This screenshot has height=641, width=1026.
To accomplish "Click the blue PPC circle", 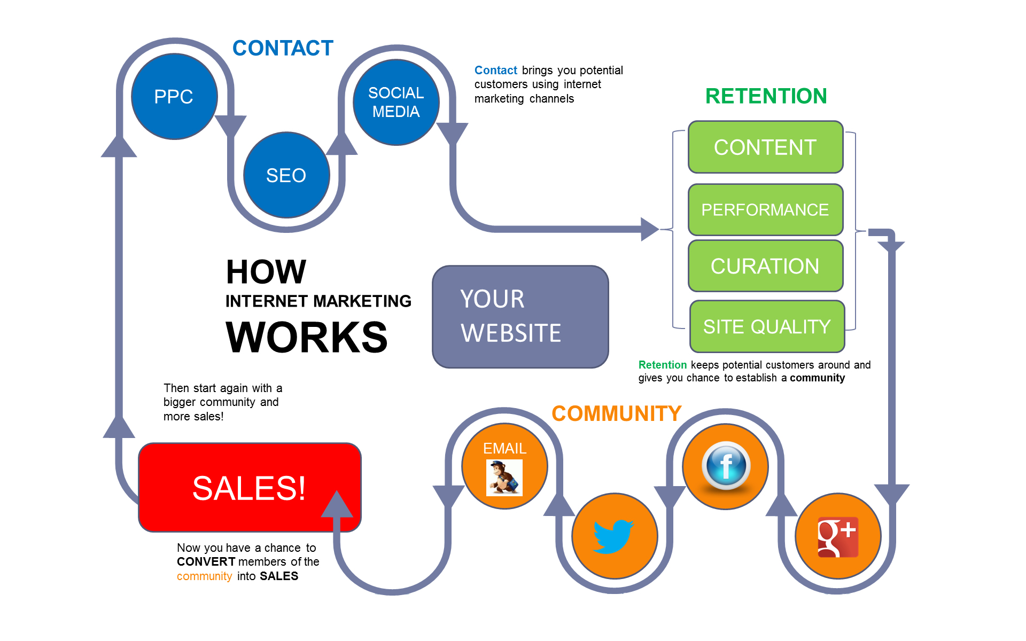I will point(174,97).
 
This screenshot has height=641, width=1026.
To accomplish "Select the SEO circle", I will point(286,175).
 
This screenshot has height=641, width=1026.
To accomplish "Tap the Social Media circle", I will point(396,102).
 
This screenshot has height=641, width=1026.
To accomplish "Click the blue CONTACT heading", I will point(283,48).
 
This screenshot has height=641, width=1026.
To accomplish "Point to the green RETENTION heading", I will point(766,96).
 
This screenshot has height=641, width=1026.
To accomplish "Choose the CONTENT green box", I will point(765,147).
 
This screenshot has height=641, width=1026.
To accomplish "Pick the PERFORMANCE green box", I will point(765,209).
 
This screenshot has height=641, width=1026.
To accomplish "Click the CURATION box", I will point(765,266).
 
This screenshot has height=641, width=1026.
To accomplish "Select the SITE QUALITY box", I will point(767,326).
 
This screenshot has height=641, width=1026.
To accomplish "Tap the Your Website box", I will point(520,317).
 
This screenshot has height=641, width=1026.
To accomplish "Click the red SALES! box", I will point(249,487).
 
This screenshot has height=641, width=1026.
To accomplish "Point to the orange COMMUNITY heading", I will point(616,413).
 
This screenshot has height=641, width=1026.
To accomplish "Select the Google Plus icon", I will point(838,537).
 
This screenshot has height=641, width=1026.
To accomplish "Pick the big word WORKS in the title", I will point(306,337).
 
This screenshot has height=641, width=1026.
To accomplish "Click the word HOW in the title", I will point(266,272).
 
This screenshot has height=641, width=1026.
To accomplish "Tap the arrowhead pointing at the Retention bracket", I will point(650,229).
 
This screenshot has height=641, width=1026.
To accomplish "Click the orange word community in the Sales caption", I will point(204,576).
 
